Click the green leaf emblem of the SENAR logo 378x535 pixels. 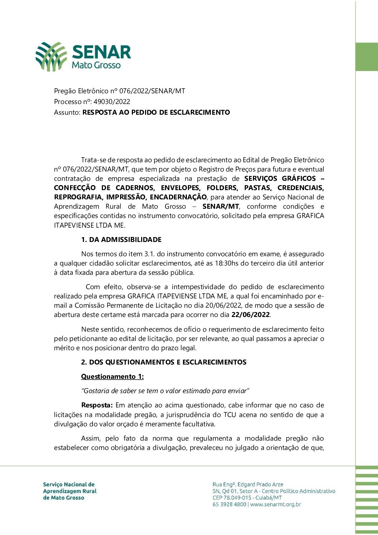point(51,56)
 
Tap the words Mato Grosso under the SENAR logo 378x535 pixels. point(96,65)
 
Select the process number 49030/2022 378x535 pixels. point(112,102)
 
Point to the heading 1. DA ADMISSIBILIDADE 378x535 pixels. point(121,240)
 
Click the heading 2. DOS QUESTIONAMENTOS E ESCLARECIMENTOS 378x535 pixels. point(164,362)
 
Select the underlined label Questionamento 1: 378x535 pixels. point(112,377)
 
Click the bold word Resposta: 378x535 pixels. point(97,405)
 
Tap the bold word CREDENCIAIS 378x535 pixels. point(300,188)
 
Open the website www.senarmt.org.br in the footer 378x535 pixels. point(275,505)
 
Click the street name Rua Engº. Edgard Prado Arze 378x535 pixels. point(248,485)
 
